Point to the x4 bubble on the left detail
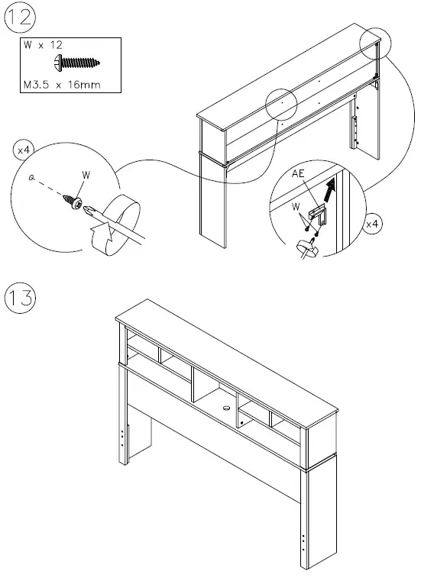[x=23, y=151]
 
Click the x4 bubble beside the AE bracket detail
[x=374, y=224]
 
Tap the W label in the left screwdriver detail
[x=86, y=175]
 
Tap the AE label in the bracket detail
[x=299, y=174]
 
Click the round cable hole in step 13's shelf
[x=226, y=408]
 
